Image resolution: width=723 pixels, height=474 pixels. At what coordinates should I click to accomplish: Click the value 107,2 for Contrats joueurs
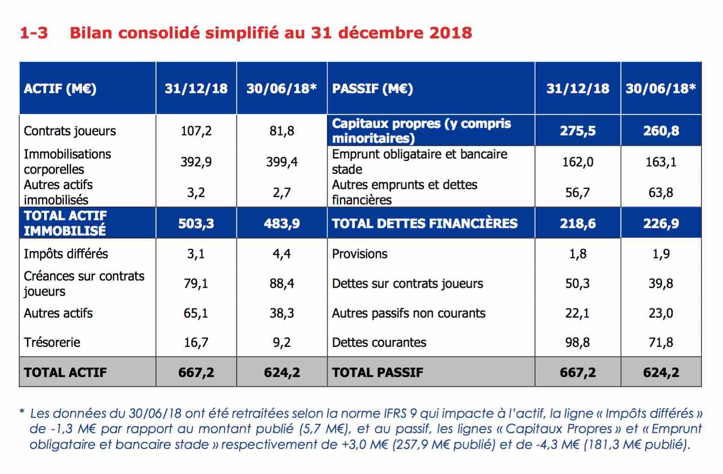click(196, 131)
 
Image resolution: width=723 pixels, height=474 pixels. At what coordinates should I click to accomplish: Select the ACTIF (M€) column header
click(60, 89)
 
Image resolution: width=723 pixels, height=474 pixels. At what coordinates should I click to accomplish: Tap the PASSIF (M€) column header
click(373, 89)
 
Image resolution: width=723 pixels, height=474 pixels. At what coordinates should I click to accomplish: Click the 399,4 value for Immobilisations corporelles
click(282, 162)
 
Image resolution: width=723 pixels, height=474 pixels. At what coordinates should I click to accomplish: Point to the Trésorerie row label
click(52, 342)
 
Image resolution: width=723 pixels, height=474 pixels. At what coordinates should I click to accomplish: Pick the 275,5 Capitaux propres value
click(578, 131)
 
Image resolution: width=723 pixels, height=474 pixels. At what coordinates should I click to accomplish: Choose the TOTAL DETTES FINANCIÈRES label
click(425, 223)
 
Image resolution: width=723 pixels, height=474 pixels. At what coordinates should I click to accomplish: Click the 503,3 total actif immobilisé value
click(196, 223)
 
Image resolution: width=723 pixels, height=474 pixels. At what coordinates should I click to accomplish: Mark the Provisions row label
click(360, 254)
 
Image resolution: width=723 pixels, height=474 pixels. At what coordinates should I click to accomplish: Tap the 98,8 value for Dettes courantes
click(577, 342)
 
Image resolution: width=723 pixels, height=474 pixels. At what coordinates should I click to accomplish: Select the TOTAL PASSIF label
click(377, 372)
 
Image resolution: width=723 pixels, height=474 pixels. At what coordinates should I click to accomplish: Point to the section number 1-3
click(34, 33)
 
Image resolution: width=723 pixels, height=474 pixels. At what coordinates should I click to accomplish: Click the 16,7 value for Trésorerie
click(196, 342)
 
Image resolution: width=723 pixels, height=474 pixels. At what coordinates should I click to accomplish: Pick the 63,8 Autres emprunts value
click(661, 192)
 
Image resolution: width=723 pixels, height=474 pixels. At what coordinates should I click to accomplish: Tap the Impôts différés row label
click(66, 254)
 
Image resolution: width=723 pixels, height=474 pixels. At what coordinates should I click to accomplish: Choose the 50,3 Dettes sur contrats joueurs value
click(577, 284)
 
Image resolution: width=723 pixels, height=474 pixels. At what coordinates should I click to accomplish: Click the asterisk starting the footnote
click(22, 411)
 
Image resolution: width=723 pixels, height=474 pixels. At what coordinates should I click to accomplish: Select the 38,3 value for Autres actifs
click(282, 314)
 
